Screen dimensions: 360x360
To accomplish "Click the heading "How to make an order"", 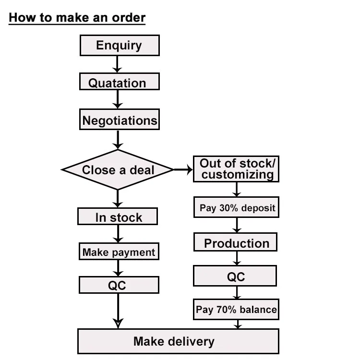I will click(77, 18).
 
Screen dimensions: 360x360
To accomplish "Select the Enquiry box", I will click(119, 46).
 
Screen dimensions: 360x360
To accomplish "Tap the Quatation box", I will click(119, 82).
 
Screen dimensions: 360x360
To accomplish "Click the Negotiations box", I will click(119, 120).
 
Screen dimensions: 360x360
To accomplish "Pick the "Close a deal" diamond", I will click(118, 169).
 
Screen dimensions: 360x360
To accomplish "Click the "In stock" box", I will click(118, 217).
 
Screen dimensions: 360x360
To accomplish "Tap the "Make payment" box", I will click(118, 252).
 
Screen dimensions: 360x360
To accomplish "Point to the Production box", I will click(236, 242).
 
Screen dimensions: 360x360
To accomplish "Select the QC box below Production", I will click(235, 276).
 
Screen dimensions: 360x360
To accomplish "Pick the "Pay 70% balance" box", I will click(236, 310).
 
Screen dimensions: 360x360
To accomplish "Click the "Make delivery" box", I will click(178, 341).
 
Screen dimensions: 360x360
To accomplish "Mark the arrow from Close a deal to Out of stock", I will click(183, 169).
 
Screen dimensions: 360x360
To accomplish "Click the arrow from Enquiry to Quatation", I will click(118, 64).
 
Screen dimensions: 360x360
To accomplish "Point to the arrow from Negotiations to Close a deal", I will click(118, 140).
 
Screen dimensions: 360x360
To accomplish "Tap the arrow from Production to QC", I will click(236, 258).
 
